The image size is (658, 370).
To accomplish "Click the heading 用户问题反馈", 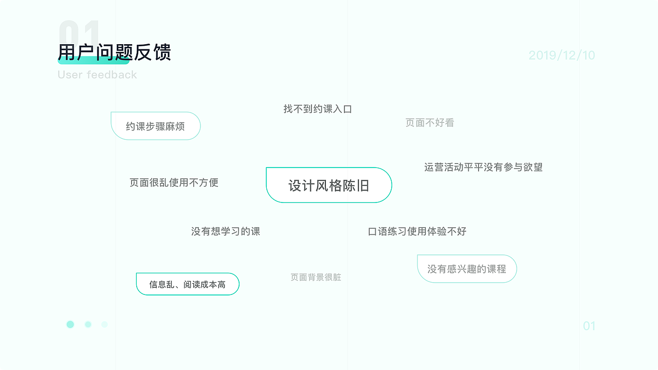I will pyautogui.click(x=114, y=52).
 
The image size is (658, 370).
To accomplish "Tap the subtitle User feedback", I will pyautogui.click(x=97, y=75).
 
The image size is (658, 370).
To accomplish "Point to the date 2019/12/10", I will pyautogui.click(x=561, y=55).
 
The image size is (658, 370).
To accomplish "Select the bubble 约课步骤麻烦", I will pyautogui.click(x=155, y=126).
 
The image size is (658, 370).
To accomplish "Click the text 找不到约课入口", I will pyautogui.click(x=318, y=109).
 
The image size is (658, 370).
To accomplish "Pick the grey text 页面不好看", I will pyautogui.click(x=430, y=123).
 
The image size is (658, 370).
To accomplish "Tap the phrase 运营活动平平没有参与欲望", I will pyautogui.click(x=483, y=167).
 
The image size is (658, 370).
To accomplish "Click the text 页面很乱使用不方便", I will pyautogui.click(x=174, y=182).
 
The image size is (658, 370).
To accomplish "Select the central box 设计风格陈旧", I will pyautogui.click(x=329, y=185).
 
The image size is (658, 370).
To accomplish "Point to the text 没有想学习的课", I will pyautogui.click(x=226, y=231).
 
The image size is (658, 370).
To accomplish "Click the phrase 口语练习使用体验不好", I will pyautogui.click(x=417, y=231).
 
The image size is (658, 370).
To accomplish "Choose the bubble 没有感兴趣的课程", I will pyautogui.click(x=467, y=269).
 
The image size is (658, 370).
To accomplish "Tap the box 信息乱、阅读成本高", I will pyautogui.click(x=188, y=284).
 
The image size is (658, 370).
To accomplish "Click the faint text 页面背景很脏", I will pyautogui.click(x=316, y=277).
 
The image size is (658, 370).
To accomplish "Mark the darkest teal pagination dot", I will pyautogui.click(x=70, y=324).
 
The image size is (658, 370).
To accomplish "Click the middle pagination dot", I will pyautogui.click(x=88, y=324).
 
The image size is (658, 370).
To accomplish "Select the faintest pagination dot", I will pyautogui.click(x=105, y=324).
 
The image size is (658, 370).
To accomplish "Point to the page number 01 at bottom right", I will pyautogui.click(x=589, y=326).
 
